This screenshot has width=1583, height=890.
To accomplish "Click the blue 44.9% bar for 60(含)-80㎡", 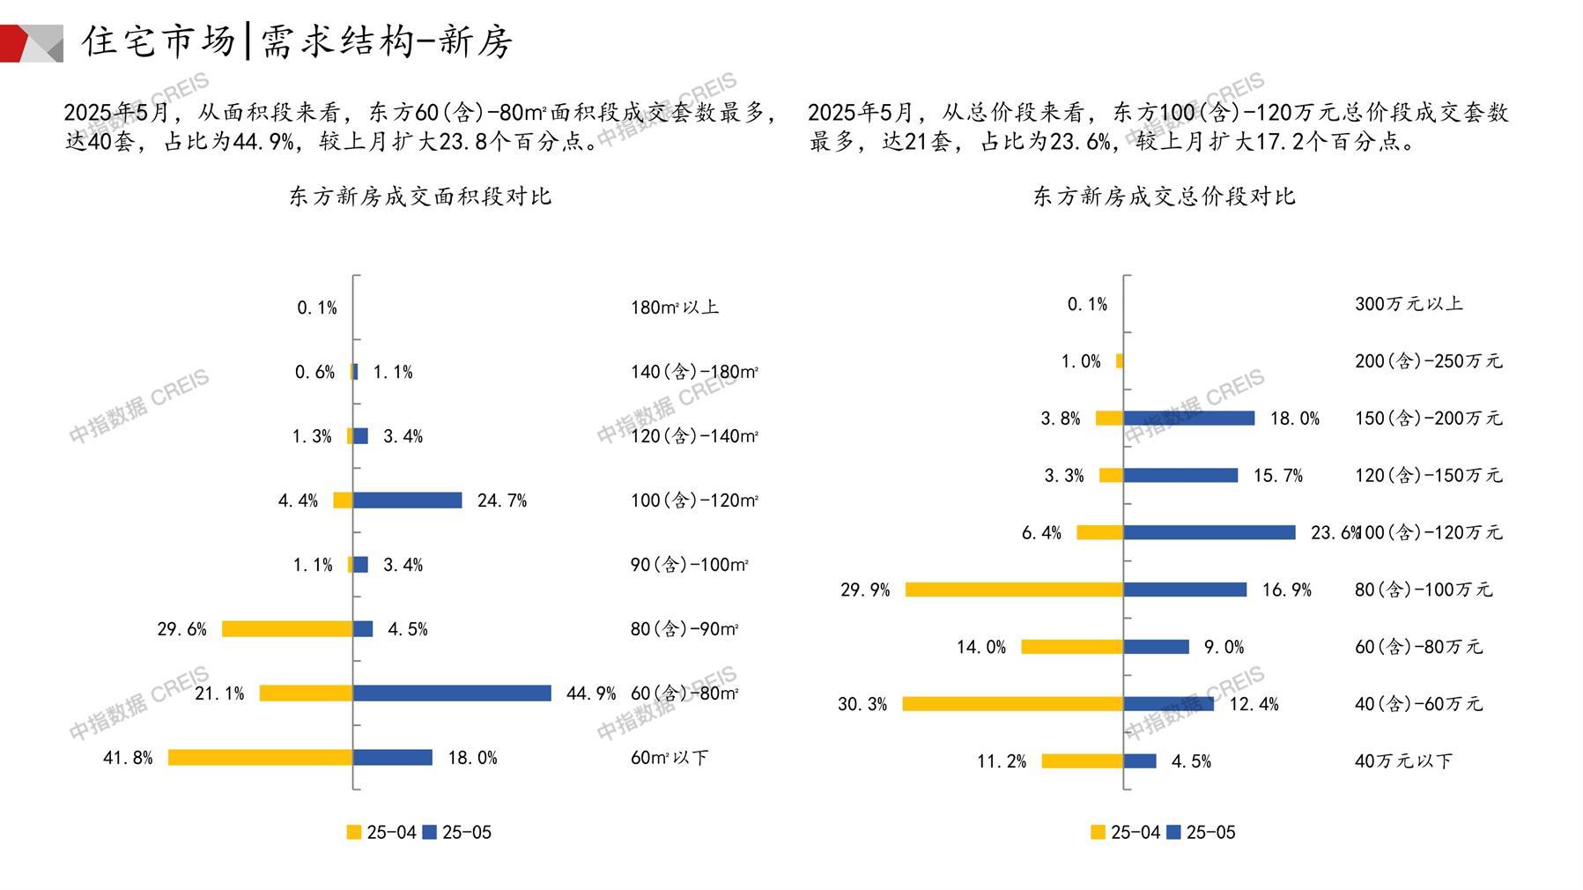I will tap(452, 693).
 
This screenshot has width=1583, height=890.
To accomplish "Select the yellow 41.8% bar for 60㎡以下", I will tap(261, 758).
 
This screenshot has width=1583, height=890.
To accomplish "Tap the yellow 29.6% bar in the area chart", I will tap(287, 629).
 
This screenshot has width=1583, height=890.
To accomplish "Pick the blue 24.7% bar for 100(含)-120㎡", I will tap(408, 501).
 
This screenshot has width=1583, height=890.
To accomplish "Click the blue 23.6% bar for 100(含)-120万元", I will tap(1209, 532).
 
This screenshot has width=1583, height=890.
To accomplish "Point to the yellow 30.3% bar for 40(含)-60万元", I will tap(1013, 704).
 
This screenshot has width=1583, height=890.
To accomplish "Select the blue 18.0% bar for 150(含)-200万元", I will tap(1189, 419).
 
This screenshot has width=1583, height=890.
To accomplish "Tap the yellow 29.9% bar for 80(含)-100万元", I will tap(1015, 590).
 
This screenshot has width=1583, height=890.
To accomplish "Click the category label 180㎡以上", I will tap(675, 308).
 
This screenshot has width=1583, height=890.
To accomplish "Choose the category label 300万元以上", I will tap(1409, 304).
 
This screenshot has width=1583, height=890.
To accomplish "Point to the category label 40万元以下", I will tap(1403, 760).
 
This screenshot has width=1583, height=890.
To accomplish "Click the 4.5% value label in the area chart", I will tap(408, 629).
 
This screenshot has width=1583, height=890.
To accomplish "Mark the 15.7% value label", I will tap(1278, 476).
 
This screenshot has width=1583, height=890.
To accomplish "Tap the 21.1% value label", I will tap(219, 693).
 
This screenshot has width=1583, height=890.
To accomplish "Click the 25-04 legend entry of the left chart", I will tap(381, 833).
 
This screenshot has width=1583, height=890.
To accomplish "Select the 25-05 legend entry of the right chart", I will tap(1202, 833).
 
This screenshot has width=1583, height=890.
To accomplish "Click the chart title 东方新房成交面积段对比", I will tap(420, 197).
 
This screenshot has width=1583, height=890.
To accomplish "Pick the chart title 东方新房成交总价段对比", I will tap(1164, 197).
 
